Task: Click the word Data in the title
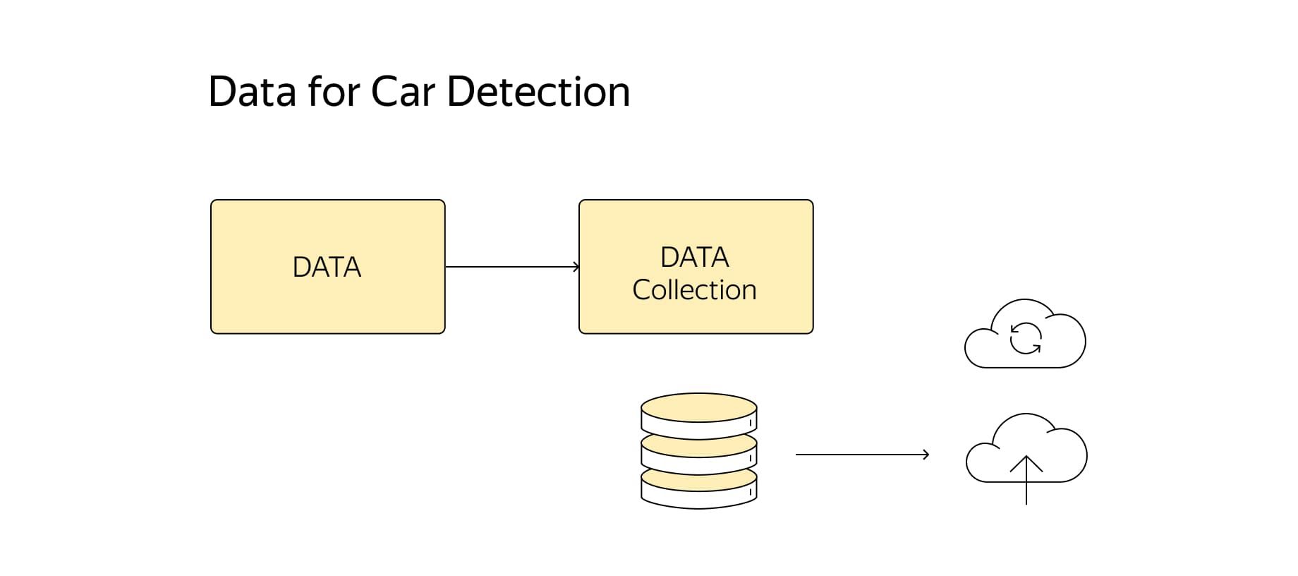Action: click(x=251, y=92)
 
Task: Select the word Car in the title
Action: click(x=404, y=92)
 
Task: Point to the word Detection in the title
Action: click(x=538, y=92)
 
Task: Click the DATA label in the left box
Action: click(x=327, y=268)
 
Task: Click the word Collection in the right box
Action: click(x=695, y=290)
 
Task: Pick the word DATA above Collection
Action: click(x=695, y=258)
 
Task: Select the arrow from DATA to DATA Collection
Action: click(x=512, y=267)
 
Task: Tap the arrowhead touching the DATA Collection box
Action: click(x=576, y=267)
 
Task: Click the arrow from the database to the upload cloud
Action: click(x=862, y=455)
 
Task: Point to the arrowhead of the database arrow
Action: click(x=926, y=455)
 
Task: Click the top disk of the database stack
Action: click(x=699, y=415)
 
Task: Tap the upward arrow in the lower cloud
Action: click(x=1026, y=480)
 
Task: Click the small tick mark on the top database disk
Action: click(x=751, y=423)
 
